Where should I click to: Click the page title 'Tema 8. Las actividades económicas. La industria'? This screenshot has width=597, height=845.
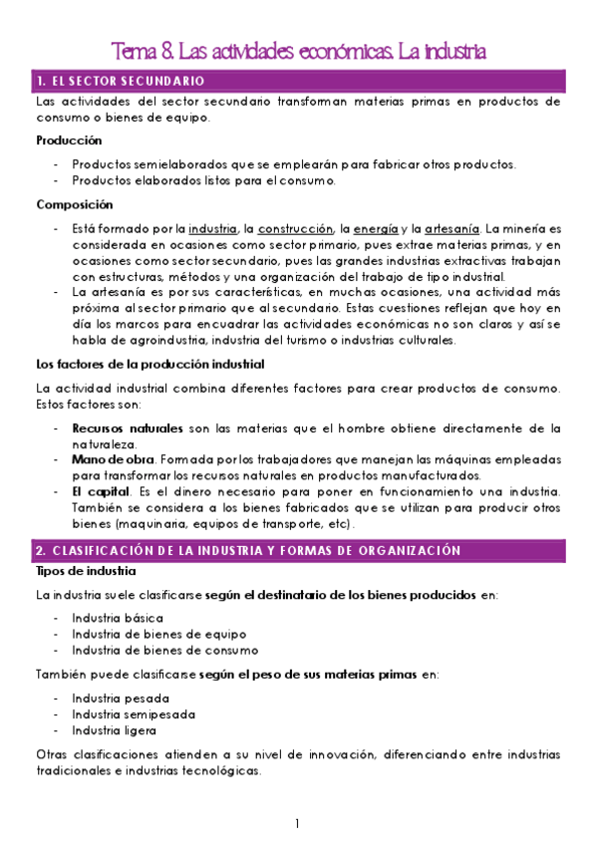298,50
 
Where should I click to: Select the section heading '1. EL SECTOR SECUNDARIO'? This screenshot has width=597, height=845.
120,80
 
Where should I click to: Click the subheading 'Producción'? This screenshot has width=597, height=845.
69,141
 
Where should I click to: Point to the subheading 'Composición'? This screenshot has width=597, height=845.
74,204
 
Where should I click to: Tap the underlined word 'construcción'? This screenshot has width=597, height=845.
296,228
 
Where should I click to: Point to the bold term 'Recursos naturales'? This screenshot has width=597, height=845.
127,428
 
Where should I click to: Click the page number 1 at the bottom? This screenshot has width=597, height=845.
297,823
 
